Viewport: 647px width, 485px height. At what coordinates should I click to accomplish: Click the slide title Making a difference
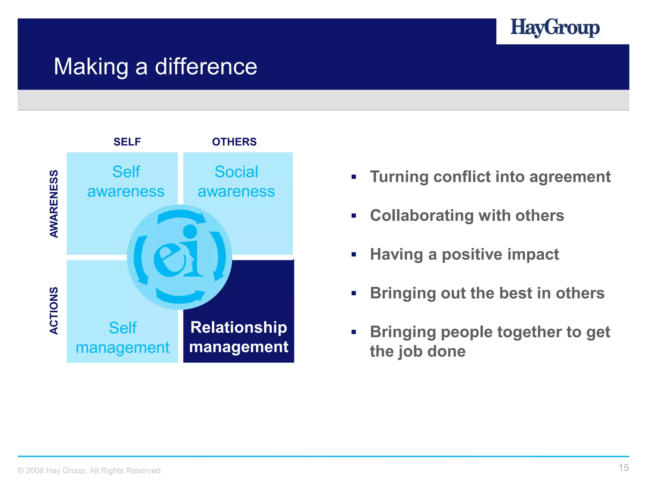[x=155, y=67]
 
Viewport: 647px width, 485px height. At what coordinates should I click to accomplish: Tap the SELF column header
[x=127, y=142]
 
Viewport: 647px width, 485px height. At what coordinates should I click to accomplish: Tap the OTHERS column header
[x=234, y=142]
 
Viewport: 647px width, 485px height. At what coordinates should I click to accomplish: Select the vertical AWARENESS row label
[x=54, y=204]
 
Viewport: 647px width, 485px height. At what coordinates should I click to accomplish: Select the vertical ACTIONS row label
[x=54, y=310]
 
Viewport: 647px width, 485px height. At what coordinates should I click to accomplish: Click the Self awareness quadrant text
[x=126, y=182]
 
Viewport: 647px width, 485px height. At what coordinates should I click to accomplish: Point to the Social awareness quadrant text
[x=236, y=182]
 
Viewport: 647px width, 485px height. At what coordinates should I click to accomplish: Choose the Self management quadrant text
[x=123, y=338]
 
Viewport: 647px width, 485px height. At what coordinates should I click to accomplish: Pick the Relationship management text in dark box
[x=239, y=337]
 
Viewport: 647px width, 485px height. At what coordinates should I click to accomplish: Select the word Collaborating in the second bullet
[x=421, y=216]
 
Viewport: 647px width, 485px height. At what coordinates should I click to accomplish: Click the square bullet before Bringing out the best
[x=354, y=293]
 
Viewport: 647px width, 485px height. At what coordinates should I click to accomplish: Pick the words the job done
[x=418, y=351]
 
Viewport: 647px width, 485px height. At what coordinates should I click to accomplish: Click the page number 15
[x=623, y=468]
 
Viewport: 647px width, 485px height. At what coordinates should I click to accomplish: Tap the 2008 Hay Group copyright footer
[x=89, y=470]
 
